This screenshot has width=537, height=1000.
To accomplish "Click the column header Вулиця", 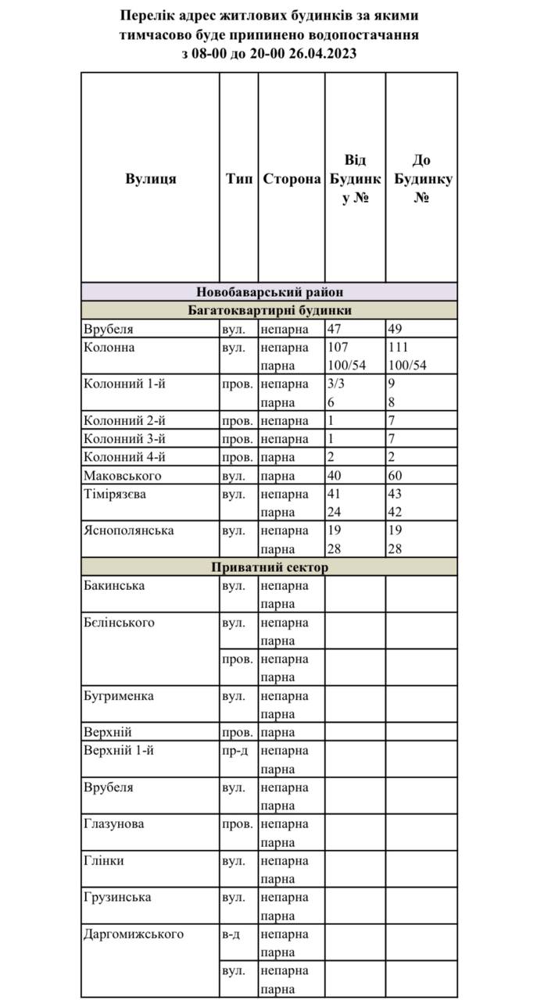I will point(150,179).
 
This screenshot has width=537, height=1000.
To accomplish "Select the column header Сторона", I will point(292,179).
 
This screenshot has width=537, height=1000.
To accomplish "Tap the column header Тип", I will point(239,179).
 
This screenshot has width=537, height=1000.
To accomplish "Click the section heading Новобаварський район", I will point(270,292).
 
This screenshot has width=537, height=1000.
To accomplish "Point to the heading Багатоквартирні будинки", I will point(270,311).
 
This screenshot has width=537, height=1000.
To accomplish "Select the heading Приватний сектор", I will point(270,567).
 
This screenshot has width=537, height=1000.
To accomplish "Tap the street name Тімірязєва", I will point(115,495).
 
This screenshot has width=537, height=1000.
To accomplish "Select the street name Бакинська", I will point(113,585).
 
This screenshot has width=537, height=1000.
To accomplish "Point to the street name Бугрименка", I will point(118,695).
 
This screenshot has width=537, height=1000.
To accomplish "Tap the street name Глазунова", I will point(113,823).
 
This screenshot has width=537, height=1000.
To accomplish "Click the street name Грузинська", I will point(117,897).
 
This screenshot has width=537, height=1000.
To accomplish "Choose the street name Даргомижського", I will point(134,934).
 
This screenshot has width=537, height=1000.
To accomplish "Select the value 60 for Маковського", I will point(396,476).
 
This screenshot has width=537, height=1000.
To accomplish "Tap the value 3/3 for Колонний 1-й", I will point(335,384).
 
